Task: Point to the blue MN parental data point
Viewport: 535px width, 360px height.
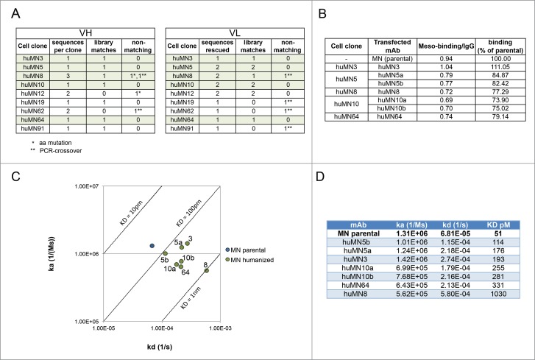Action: click(x=152, y=244)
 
